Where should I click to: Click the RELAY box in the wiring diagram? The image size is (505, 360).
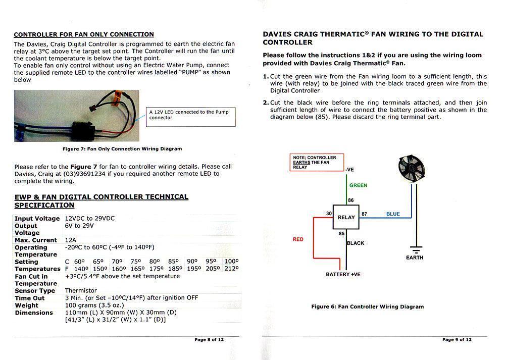pyautogui.click(x=346, y=217)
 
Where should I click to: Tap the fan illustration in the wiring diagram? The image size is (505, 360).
pyautogui.click(x=411, y=167)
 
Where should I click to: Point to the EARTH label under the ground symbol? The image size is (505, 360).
pyautogui.click(x=415, y=258)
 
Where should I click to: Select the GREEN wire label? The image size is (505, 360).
pyautogui.click(x=358, y=185)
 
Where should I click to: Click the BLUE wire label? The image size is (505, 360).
pyautogui.click(x=393, y=214)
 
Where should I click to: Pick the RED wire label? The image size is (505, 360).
pyautogui.click(x=298, y=239)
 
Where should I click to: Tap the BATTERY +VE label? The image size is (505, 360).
pyautogui.click(x=343, y=274)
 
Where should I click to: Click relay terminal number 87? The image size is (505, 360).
pyautogui.click(x=364, y=214)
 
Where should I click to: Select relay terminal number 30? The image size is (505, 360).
pyautogui.click(x=329, y=214)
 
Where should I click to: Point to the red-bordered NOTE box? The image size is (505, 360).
pyautogui.click(x=317, y=162)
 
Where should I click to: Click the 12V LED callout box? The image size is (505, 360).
pyautogui.click(x=191, y=117)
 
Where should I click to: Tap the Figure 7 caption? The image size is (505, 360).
pyautogui.click(x=122, y=149)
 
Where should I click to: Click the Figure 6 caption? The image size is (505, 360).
pyautogui.click(x=367, y=306)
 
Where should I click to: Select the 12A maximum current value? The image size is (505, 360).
pyautogui.click(x=71, y=240)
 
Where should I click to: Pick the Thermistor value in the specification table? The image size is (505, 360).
pyautogui.click(x=81, y=291)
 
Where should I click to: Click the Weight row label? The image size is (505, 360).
pyautogui.click(x=26, y=305)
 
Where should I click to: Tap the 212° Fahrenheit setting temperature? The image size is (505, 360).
pyautogui.click(x=232, y=269)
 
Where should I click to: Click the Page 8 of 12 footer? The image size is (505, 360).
pyautogui.click(x=209, y=340)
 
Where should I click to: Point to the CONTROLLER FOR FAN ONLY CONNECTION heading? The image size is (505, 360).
pyautogui.click(x=84, y=35)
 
